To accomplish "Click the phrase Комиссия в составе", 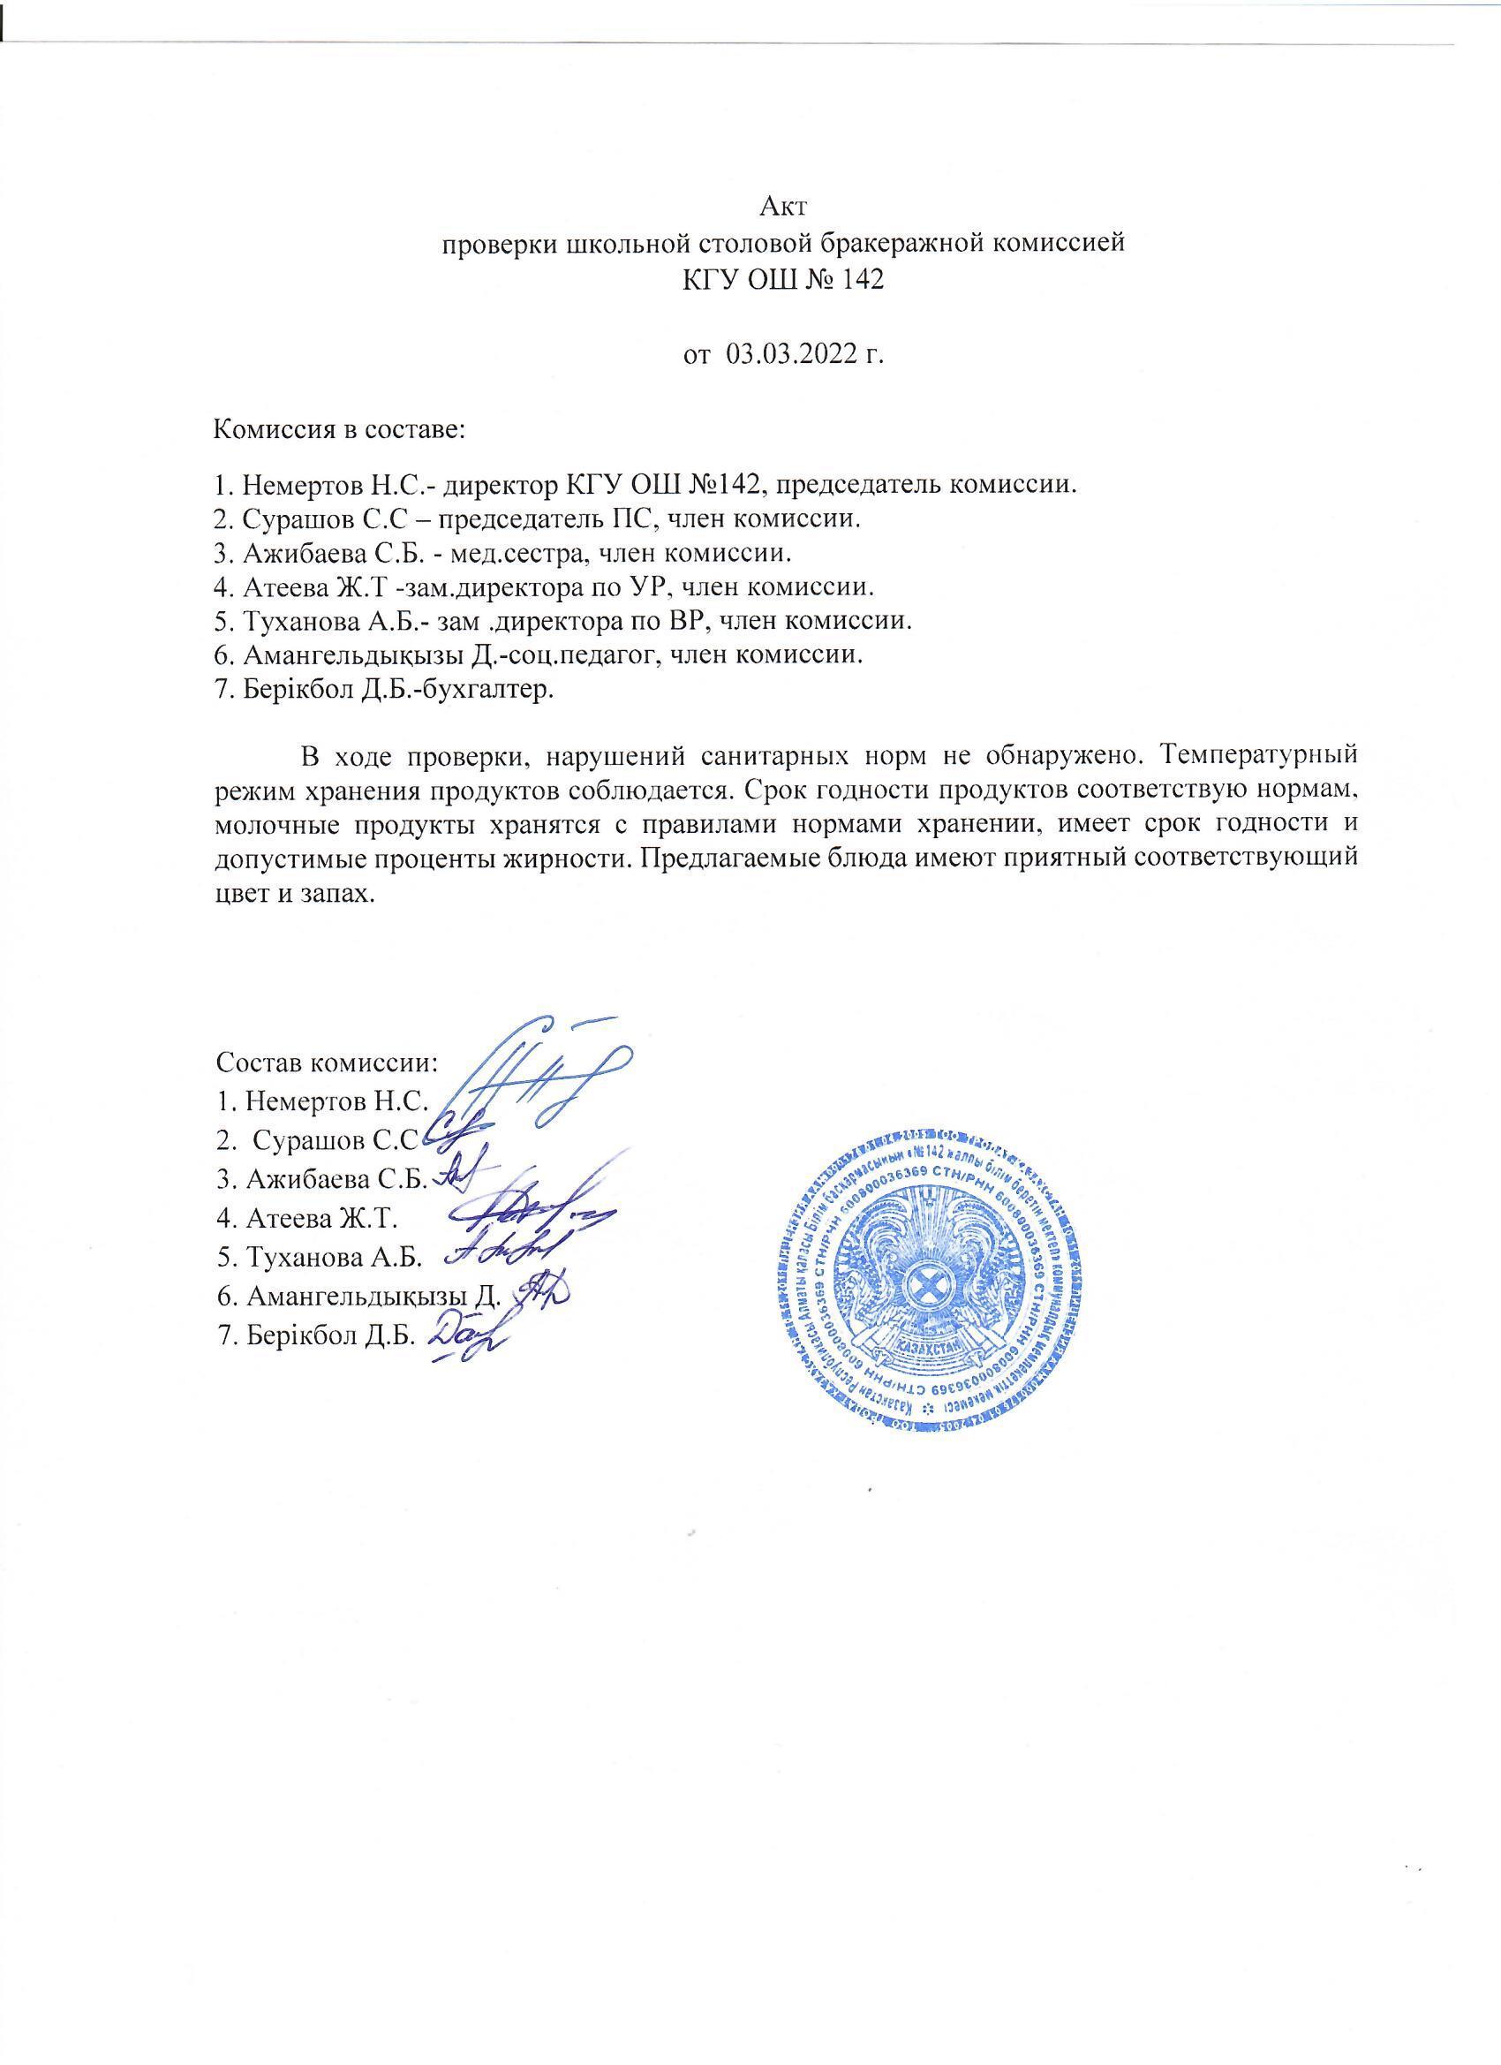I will (x=339, y=430).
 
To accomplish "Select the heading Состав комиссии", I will (x=328, y=1063).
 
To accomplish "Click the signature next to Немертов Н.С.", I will (x=537, y=1074).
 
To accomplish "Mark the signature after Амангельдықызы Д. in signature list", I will (x=541, y=1291).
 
